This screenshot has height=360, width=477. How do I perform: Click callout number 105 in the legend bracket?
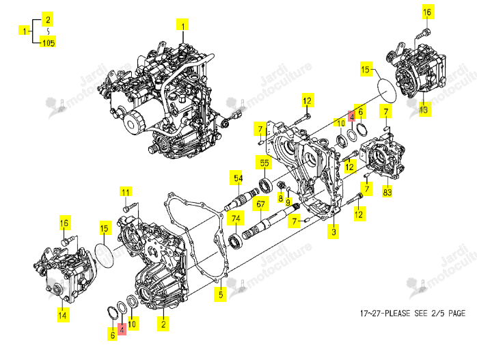[48, 42]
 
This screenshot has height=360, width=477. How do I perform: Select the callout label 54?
[238, 178]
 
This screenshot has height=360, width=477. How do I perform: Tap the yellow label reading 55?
[264, 163]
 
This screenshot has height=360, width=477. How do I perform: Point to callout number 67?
[260, 204]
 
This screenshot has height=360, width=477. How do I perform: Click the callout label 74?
[236, 219]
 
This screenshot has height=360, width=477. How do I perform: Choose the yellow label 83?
[387, 192]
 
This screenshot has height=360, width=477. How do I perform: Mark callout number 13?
[424, 110]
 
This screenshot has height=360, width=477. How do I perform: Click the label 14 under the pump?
[62, 315]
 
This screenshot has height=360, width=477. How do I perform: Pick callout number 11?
[125, 192]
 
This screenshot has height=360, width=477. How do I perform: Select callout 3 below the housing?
[333, 232]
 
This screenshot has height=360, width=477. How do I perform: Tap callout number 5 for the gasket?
[221, 294]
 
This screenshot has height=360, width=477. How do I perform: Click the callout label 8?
[280, 199]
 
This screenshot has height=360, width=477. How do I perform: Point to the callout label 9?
[288, 202]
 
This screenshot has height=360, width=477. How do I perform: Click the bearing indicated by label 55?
[265, 186]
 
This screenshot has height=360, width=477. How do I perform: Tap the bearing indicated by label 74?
[235, 241]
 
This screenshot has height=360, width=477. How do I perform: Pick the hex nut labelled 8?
[280, 185]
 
